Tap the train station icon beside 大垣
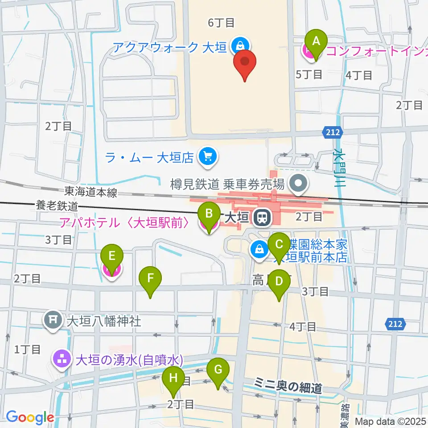262,218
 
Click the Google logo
30,417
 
